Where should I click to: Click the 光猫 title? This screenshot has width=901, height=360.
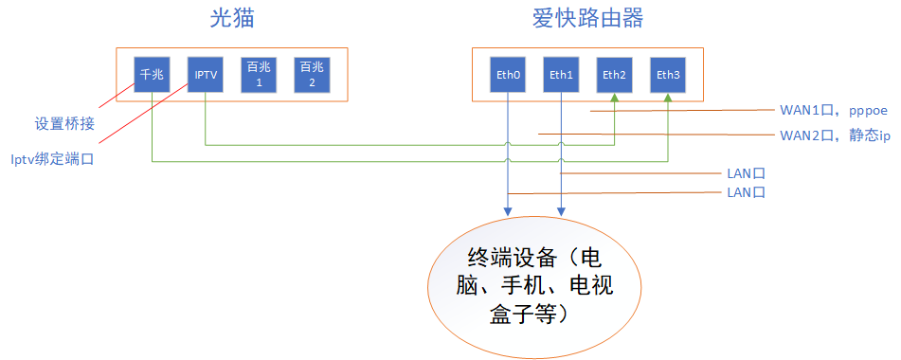pyautogui.click(x=233, y=18)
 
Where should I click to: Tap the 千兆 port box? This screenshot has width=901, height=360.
pyautogui.click(x=152, y=74)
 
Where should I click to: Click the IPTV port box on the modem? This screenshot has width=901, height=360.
pyautogui.click(x=205, y=74)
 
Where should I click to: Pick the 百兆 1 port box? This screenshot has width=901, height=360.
pyautogui.click(x=258, y=74)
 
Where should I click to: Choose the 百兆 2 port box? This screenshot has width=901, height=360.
pyautogui.click(x=311, y=74)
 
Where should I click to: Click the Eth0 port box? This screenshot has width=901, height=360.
pyautogui.click(x=509, y=74)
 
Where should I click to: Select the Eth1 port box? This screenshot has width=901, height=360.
pyautogui.click(x=562, y=74)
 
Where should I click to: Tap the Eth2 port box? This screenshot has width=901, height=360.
pyautogui.click(x=615, y=74)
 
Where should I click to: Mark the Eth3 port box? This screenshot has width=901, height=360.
pyautogui.click(x=668, y=74)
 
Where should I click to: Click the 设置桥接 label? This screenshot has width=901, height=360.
pyautogui.click(x=64, y=123)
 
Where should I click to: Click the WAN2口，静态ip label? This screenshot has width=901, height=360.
pyautogui.click(x=834, y=135)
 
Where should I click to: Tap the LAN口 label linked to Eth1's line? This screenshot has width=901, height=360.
pyautogui.click(x=745, y=174)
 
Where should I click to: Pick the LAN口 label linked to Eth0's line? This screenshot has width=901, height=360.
pyautogui.click(x=745, y=192)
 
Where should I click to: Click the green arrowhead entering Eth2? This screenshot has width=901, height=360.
pyautogui.click(x=615, y=99)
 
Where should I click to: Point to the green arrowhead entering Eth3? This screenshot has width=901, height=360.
pyautogui.click(x=668, y=99)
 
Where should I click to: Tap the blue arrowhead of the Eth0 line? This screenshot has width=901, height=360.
pyautogui.click(x=509, y=217)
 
